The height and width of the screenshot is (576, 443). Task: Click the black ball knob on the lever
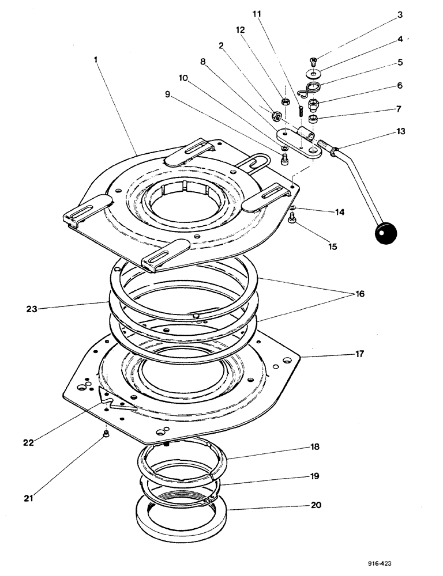[x=385, y=233]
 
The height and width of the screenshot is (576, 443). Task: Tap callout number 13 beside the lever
[x=401, y=131]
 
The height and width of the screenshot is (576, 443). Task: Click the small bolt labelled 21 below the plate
[x=106, y=434]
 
